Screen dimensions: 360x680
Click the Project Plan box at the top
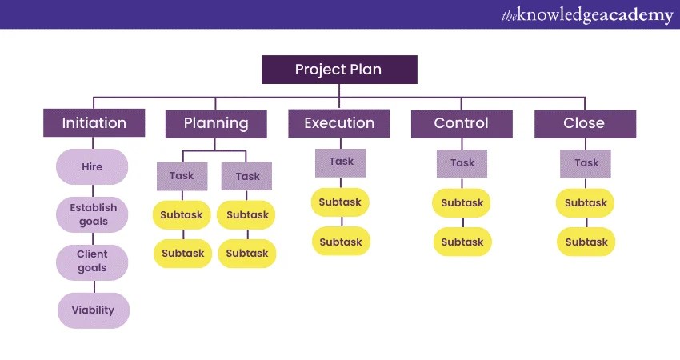point(339,70)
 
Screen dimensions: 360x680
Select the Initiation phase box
point(94,123)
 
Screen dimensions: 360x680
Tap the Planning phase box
point(216,123)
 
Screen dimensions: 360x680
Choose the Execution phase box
point(339,123)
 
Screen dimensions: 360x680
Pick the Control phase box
point(461,123)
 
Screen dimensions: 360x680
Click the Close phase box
point(584,123)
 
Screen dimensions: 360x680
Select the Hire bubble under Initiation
point(92,167)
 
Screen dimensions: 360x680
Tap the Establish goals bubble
point(93,214)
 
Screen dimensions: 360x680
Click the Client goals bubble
point(92,262)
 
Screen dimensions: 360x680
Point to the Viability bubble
point(93,310)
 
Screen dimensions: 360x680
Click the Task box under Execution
point(341,162)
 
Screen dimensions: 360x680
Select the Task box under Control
point(462,163)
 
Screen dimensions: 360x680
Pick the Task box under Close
point(586,163)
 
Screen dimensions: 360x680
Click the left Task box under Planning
point(182,176)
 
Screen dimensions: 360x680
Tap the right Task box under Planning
point(247,176)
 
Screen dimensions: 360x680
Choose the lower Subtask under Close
point(586,242)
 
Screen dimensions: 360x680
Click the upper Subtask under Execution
point(341,202)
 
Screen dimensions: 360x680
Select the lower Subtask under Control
point(462,242)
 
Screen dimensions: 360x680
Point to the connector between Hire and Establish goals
point(92,190)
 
